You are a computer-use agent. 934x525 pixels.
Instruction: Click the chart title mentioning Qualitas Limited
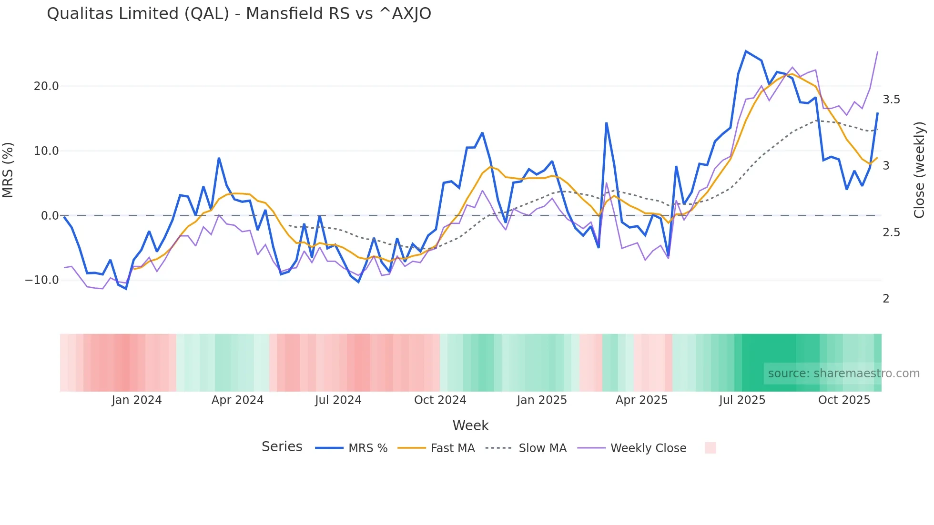(239, 14)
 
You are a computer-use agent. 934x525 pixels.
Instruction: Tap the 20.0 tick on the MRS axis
(46, 86)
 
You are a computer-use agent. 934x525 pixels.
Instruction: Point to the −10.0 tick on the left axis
(42, 280)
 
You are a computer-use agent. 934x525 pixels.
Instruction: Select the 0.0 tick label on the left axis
(50, 216)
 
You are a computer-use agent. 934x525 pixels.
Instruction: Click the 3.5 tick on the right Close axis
(891, 100)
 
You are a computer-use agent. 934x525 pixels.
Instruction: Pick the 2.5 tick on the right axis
(891, 232)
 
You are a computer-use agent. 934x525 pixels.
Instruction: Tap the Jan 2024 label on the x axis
(137, 400)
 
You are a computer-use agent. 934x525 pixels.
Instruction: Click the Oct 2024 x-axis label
(440, 400)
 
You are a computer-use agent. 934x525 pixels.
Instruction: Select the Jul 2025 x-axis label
(742, 400)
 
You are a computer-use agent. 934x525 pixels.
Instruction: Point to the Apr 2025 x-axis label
(641, 400)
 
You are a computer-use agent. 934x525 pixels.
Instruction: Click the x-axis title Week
(470, 425)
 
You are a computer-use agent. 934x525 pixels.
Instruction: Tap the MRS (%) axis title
(8, 170)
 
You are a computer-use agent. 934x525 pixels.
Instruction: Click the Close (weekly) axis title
(919, 170)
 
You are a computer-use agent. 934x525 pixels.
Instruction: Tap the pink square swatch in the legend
(710, 448)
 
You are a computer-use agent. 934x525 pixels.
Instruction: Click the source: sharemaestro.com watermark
(843, 374)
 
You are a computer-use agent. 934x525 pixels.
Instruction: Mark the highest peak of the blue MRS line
(746, 51)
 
